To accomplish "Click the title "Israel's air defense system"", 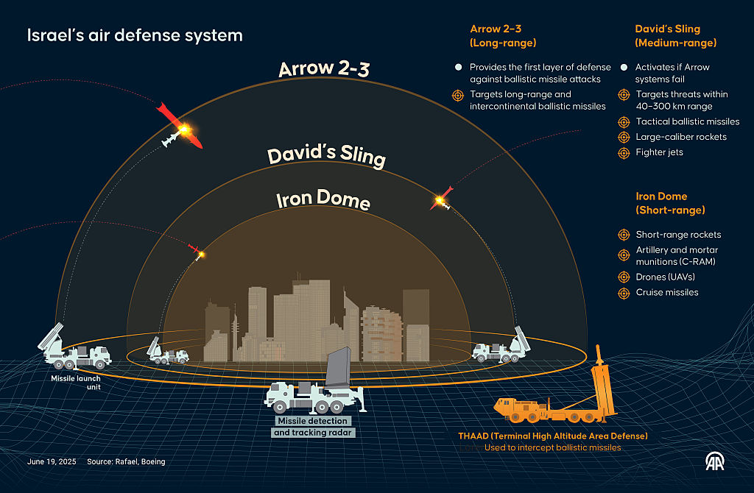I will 135,35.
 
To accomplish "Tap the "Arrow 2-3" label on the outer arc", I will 323,69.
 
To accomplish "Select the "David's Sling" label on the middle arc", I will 326,155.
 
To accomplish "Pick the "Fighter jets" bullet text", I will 660,152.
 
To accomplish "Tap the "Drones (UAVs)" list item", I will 666,277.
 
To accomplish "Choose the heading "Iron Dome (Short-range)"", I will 670,203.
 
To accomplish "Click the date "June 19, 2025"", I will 51,461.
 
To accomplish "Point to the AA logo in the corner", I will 715,461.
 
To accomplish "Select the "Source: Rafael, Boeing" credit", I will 126,461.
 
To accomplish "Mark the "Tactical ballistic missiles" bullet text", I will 688,121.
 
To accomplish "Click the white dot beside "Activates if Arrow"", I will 624,67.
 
